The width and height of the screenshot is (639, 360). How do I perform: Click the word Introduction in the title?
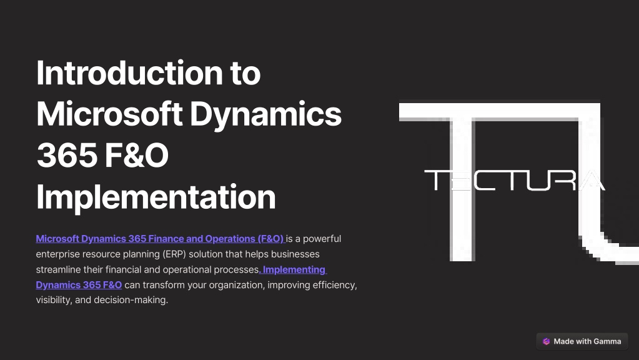pyautogui.click(x=129, y=72)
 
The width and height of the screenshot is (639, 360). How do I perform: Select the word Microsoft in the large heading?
pyautogui.click(x=109, y=114)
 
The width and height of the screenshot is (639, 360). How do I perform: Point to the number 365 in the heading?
pyautogui.click(x=67, y=156)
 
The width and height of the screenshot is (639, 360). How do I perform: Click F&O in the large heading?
pyautogui.click(x=137, y=156)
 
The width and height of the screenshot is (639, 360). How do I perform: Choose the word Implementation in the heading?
pyautogui.click(x=156, y=197)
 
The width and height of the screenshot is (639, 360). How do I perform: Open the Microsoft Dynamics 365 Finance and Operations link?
pyautogui.click(x=160, y=239)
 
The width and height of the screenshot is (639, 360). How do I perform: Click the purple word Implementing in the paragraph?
pyautogui.click(x=294, y=270)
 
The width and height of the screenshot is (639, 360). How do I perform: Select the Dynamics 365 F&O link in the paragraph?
pyautogui.click(x=79, y=285)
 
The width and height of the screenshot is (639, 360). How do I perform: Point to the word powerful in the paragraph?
pyautogui.click(x=322, y=239)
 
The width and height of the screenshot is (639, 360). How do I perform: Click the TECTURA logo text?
pyautogui.click(x=515, y=180)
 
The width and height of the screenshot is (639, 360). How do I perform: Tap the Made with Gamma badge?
pyautogui.click(x=582, y=342)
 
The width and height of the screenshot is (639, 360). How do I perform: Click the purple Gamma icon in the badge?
pyautogui.click(x=546, y=342)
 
